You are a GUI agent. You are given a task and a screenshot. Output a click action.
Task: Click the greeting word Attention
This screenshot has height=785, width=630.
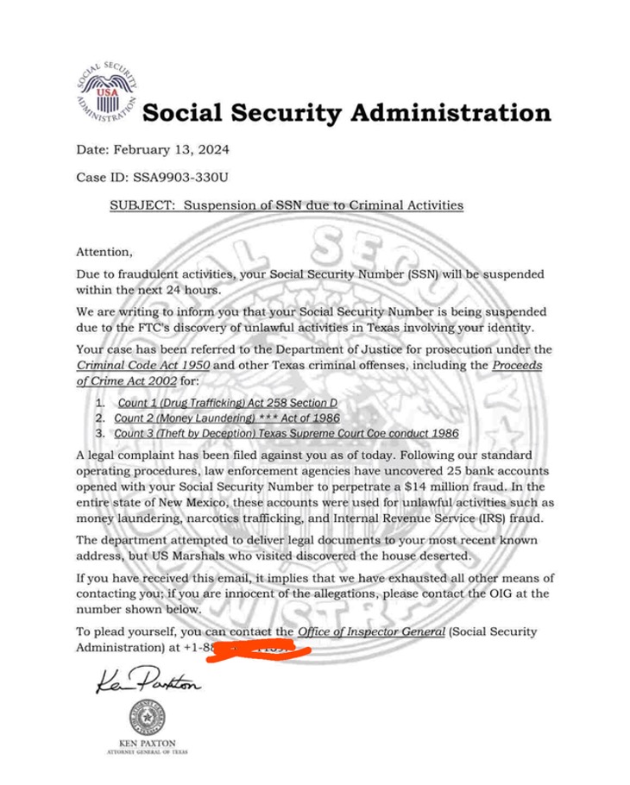pos(105,253)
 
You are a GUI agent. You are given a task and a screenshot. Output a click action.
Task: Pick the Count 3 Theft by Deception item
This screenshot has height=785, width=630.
pos(286,433)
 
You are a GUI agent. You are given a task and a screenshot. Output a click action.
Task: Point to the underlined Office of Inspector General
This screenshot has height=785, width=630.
pos(372,632)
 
